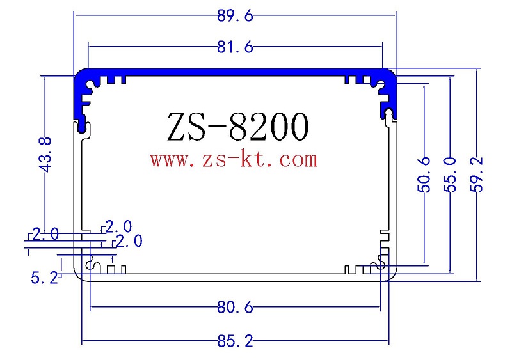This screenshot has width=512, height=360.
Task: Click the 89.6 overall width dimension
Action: click(x=236, y=17)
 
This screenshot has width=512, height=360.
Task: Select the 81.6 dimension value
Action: click(x=236, y=47)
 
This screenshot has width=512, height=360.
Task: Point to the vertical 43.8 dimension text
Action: click(x=44, y=153)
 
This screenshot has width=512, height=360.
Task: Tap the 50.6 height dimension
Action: click(x=424, y=174)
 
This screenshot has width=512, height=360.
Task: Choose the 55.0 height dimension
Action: click(x=451, y=174)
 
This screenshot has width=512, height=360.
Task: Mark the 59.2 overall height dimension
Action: click(x=479, y=174)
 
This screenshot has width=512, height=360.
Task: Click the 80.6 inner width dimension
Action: click(x=236, y=308)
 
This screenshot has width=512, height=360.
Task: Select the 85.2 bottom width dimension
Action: click(x=236, y=342)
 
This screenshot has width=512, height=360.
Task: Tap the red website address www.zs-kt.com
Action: click(x=234, y=159)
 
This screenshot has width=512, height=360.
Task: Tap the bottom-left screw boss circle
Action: click(x=91, y=263)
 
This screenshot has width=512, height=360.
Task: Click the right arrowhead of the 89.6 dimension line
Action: click(x=394, y=17)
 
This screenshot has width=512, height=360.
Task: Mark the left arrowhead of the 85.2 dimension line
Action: click(x=84, y=342)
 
